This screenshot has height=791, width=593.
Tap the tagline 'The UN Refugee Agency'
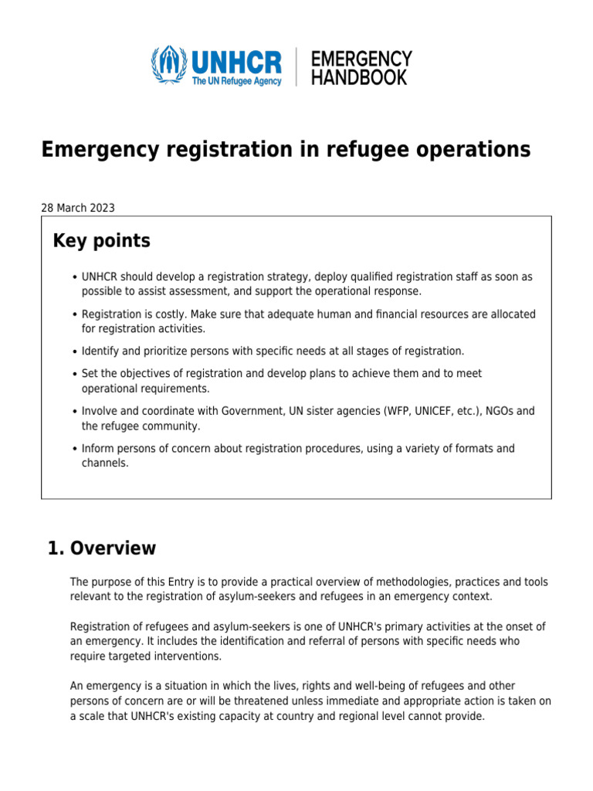click(236, 80)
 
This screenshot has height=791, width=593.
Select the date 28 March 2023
click(78, 207)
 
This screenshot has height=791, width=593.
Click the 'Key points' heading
click(101, 241)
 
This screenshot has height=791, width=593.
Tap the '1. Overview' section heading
click(101, 548)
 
